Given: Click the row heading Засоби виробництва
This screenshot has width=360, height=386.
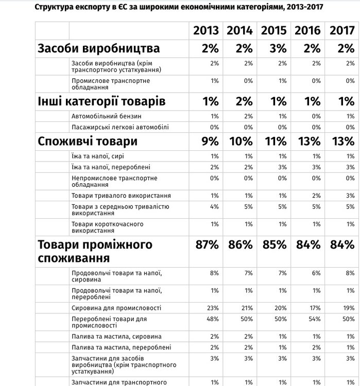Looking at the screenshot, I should click(x=99, y=49).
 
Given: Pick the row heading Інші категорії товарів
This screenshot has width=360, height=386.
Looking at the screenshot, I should click(x=101, y=101).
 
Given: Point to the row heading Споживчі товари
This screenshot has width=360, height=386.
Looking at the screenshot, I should click(x=88, y=142).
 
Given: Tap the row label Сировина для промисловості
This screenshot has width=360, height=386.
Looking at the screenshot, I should click(x=116, y=308).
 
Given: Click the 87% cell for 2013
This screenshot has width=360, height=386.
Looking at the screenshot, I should click(x=208, y=245).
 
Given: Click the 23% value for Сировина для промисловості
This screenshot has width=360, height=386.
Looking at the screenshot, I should click(x=214, y=308).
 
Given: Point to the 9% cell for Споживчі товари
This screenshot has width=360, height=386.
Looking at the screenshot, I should click(x=210, y=142).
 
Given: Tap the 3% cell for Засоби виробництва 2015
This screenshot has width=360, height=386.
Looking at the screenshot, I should click(x=278, y=49).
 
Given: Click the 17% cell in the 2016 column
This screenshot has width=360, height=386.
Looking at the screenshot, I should click(x=315, y=308).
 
